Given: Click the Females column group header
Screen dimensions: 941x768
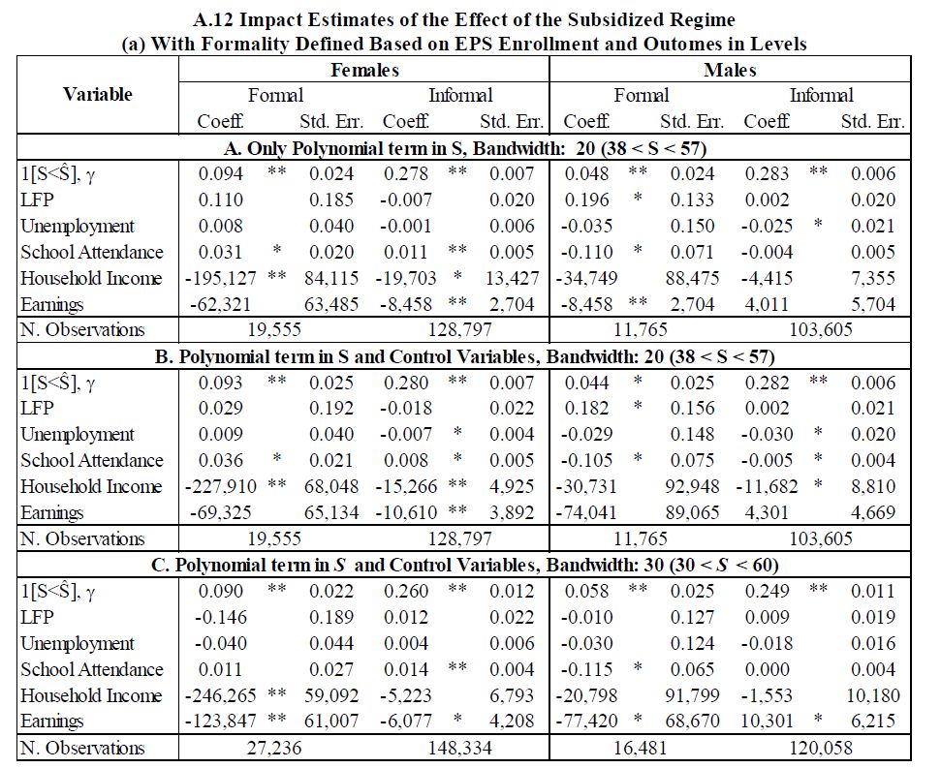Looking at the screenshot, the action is (364, 70).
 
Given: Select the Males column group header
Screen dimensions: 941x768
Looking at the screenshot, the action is (730, 70).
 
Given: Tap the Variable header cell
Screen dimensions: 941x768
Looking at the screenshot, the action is (98, 94).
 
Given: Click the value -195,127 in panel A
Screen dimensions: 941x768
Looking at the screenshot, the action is (220, 278).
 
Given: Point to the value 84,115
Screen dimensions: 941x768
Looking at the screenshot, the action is (331, 278).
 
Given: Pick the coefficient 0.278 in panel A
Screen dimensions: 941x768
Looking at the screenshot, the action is (406, 174).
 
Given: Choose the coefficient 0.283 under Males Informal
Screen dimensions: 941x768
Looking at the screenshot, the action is (767, 174).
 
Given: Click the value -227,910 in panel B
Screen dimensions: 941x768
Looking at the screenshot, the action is (220, 486).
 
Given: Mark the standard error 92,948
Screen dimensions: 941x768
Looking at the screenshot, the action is (692, 486).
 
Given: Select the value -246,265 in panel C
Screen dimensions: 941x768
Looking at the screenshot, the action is (220, 695).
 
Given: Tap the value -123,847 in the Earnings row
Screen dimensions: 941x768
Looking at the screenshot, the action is (220, 721).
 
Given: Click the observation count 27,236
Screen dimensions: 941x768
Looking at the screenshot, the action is (274, 748).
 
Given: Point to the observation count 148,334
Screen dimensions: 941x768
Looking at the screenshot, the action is (459, 748).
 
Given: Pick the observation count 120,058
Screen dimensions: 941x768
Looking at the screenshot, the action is (821, 748).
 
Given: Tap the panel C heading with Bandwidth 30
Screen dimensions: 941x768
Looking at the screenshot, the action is (464, 565).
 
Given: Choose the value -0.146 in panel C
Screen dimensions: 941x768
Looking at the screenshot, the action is (220, 617).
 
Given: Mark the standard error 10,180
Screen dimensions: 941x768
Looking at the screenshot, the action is (873, 695).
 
